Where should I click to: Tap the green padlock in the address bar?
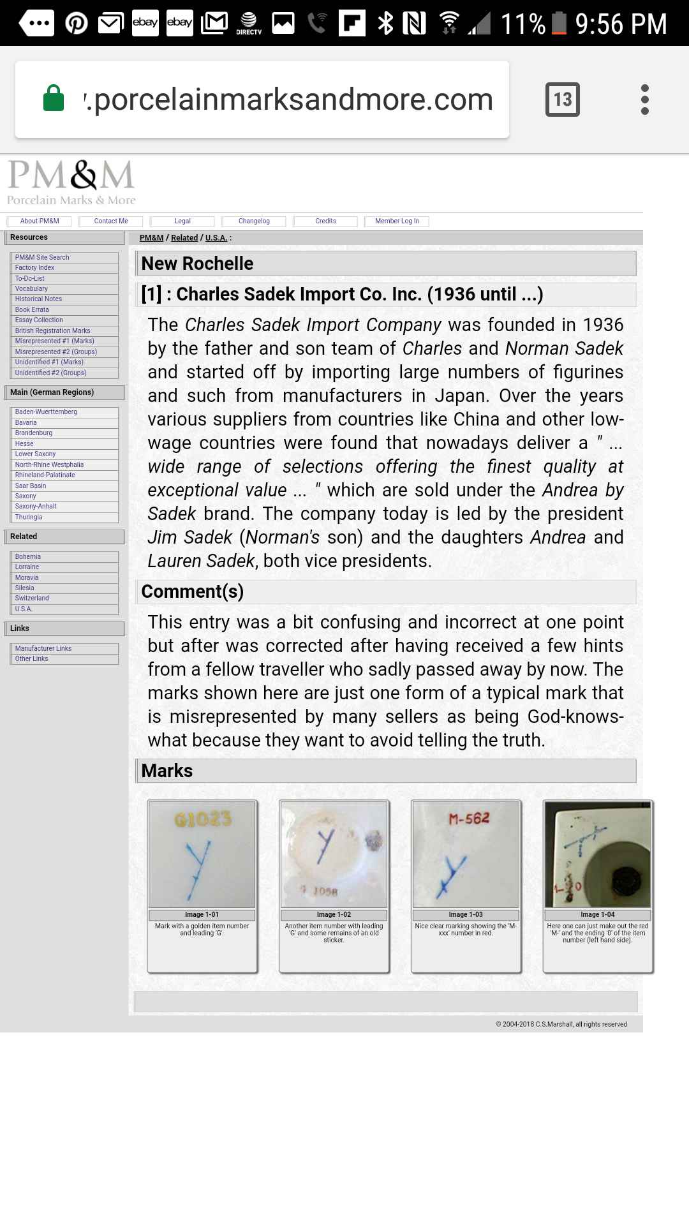[54, 99]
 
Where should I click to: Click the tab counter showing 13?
[562, 100]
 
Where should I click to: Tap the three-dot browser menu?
[644, 100]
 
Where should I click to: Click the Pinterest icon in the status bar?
[77, 24]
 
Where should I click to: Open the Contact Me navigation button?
[111, 221]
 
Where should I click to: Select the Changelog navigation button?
[254, 221]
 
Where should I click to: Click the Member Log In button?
[397, 221]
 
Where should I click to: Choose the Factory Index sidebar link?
[34, 268]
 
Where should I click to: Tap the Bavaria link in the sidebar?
[26, 422]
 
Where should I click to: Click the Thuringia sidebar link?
[29, 517]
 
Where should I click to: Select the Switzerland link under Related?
[32, 598]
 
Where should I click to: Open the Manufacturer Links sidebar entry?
[43, 648]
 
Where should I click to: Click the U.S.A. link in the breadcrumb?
[216, 238]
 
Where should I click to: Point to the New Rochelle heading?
[197, 264]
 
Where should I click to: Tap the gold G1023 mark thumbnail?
[202, 854]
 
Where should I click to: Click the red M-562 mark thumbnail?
[466, 854]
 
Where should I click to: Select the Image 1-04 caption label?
[598, 915]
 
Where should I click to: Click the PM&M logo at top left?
[71, 182]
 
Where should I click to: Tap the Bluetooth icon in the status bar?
[385, 24]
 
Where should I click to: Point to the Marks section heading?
[167, 771]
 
